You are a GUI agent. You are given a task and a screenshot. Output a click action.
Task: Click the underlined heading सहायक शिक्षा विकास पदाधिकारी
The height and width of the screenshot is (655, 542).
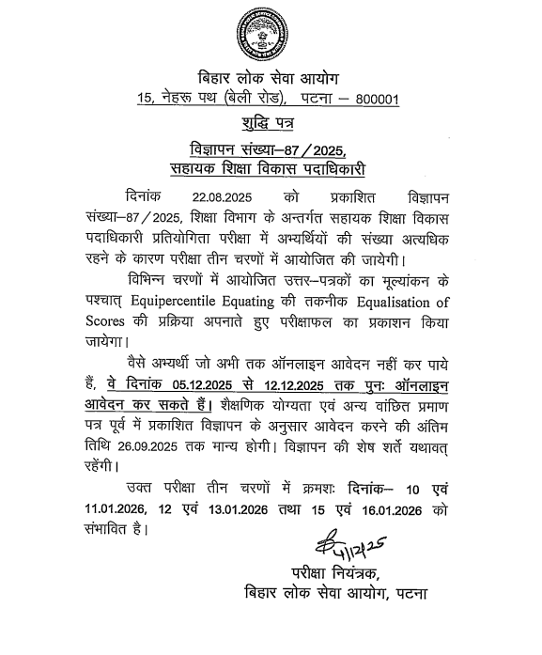pyautogui.click(x=271, y=170)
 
